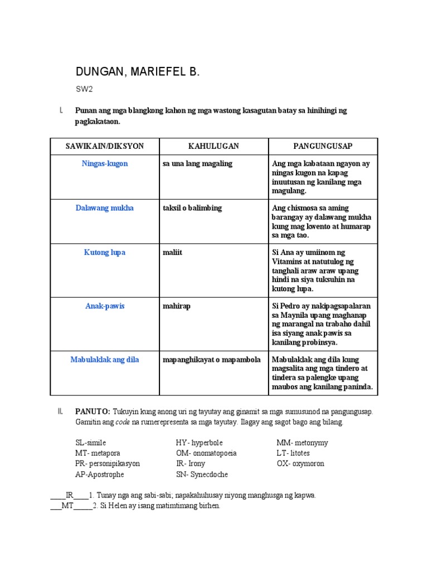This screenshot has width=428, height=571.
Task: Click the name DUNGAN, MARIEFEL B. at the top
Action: point(137,72)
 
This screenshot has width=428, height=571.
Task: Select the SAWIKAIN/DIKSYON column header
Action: point(105,146)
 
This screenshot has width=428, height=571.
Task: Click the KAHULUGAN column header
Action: point(213,146)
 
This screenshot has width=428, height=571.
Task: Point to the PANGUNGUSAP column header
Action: point(323,146)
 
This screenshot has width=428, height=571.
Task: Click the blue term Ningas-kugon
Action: point(105,164)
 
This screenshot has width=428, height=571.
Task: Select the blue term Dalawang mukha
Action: point(105,208)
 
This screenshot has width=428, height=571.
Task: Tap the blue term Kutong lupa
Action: point(105,253)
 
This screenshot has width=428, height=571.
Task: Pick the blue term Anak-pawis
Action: point(105,306)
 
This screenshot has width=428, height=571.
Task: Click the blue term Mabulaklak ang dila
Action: point(105,360)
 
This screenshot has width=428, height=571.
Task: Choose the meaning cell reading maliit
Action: point(172,253)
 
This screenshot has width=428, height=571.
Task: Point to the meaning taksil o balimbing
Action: point(192,208)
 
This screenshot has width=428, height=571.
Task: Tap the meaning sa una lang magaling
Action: point(197,164)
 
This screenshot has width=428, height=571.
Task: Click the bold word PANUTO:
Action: point(93,412)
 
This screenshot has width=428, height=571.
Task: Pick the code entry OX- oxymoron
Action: point(300,463)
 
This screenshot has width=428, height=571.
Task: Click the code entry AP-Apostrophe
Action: point(100,475)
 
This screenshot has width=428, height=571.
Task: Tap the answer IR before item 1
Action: point(70,495)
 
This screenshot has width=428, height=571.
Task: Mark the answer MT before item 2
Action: point(67,506)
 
